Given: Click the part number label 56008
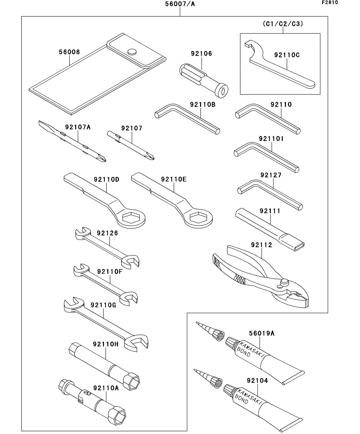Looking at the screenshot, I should (x=69, y=52).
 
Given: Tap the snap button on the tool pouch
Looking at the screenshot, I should (x=132, y=51).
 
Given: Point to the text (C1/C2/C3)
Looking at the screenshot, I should (x=283, y=24).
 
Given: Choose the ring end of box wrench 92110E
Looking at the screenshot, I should (x=199, y=218).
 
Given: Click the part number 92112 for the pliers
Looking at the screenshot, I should (x=261, y=245).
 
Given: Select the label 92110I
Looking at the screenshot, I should (x=271, y=139).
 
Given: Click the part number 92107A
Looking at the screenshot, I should (x=78, y=127).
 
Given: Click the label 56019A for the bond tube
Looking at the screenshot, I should (x=261, y=334).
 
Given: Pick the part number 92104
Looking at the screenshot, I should (x=257, y=380).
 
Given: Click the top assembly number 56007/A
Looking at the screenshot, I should (x=180, y=4).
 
